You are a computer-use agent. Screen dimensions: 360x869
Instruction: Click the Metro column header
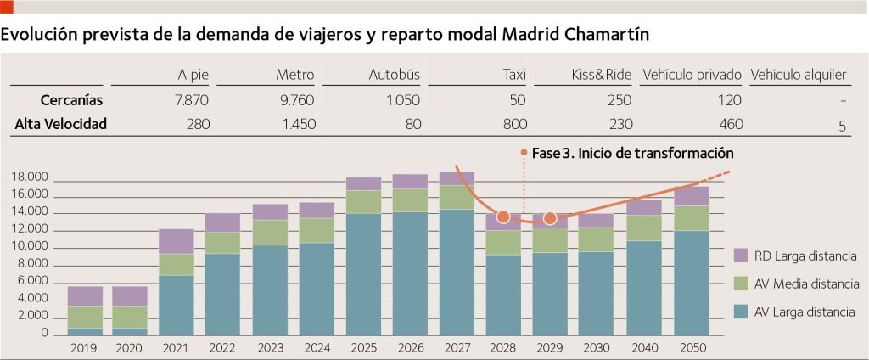(x=294, y=75)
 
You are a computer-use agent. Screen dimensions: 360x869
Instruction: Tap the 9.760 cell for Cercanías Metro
(x=296, y=100)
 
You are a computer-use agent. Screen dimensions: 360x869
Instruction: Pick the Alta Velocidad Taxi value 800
(x=513, y=124)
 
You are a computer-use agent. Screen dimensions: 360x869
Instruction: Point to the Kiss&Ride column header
(x=602, y=75)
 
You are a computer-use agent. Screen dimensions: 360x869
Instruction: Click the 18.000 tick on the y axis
(x=32, y=177)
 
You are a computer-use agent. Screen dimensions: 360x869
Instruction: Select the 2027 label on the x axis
(x=457, y=347)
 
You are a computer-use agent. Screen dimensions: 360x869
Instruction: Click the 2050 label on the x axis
(x=692, y=347)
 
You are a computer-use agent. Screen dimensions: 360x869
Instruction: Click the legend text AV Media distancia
(x=805, y=284)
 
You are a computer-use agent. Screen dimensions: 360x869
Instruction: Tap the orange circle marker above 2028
(x=502, y=217)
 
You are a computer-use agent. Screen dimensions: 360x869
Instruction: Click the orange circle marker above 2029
(x=550, y=218)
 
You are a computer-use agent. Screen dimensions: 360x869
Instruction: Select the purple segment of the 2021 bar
(x=177, y=241)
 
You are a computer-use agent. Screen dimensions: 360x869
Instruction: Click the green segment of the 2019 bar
(x=84, y=317)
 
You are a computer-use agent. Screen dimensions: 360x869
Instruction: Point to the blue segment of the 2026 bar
(x=410, y=272)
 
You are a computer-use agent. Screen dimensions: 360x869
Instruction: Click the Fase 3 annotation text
(x=632, y=154)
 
